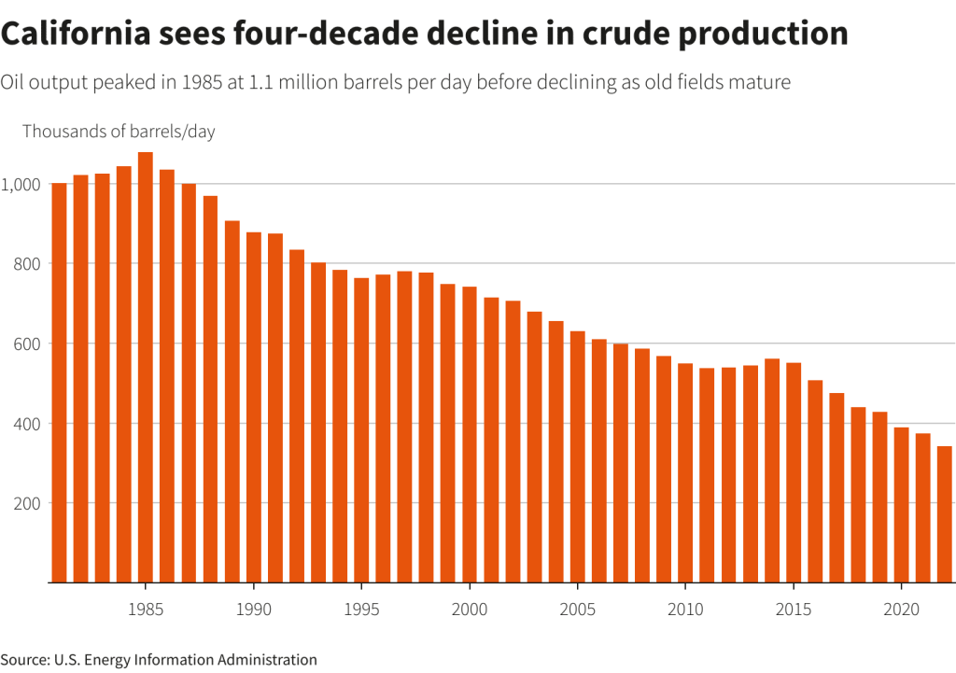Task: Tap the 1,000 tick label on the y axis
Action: pyautogui.click(x=21, y=185)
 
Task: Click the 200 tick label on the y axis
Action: pyautogui.click(x=25, y=504)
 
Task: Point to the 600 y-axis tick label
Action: pyautogui.click(x=25, y=344)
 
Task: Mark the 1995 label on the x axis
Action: pyautogui.click(x=361, y=610)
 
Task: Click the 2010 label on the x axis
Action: pyautogui.click(x=685, y=610)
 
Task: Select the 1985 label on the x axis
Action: pyautogui.click(x=146, y=610)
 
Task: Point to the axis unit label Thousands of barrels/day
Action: pyautogui.click(x=119, y=132)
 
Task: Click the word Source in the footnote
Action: pyautogui.click(x=24, y=660)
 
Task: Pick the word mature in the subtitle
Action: pyautogui.click(x=760, y=82)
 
